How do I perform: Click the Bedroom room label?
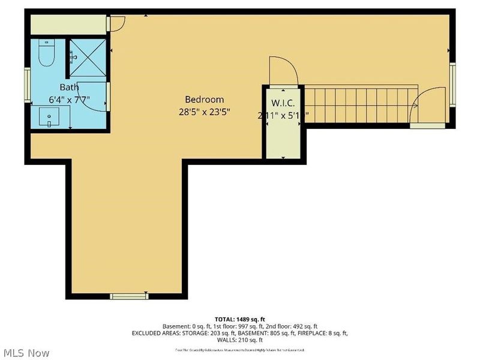[x=204, y=100]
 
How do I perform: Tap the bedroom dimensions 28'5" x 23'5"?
[x=204, y=112]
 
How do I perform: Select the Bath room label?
[x=69, y=88]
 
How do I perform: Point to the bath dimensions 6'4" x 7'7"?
[x=68, y=100]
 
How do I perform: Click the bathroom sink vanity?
[x=48, y=117]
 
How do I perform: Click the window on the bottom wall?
[x=129, y=295]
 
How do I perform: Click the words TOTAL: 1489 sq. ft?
[x=240, y=319]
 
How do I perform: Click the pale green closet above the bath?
[x=68, y=23]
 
